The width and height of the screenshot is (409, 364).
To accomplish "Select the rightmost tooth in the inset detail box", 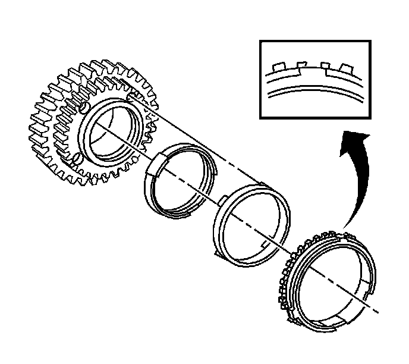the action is [344, 65].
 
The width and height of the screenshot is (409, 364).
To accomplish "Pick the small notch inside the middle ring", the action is [263, 245].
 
